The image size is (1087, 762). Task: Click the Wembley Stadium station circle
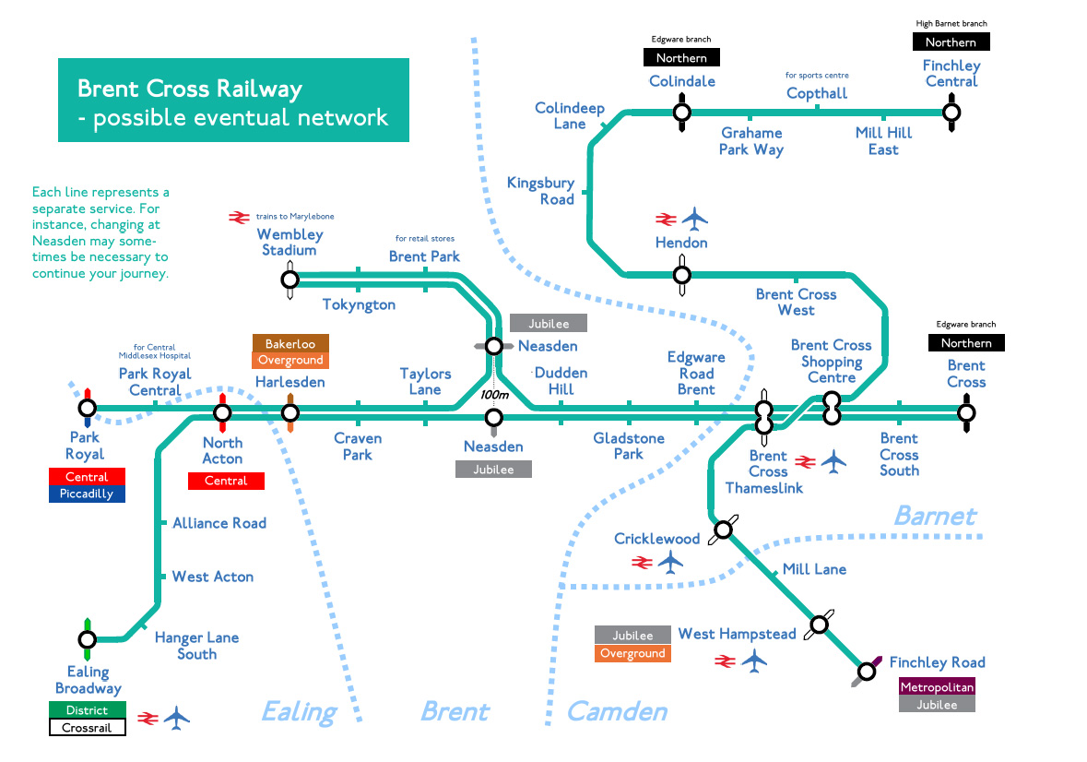[x=289, y=279]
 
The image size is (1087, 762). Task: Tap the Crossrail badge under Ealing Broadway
[x=87, y=728]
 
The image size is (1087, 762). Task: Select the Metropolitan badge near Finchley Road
[x=937, y=687]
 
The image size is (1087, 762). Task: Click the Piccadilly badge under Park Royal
[x=87, y=494]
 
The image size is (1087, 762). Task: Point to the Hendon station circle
[x=681, y=274]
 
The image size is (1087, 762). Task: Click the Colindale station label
[x=681, y=81]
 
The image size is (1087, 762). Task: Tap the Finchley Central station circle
[x=951, y=113]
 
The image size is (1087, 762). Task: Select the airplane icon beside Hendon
[x=694, y=220]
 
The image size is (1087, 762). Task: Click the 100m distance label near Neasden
[x=494, y=395]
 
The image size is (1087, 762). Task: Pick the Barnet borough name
[x=935, y=515]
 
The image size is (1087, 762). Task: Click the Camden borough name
[x=616, y=711]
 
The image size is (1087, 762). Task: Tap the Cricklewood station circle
[x=724, y=529]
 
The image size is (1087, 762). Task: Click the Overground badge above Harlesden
[x=290, y=361]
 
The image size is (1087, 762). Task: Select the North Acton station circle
[x=222, y=412]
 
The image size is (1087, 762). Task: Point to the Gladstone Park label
[x=629, y=446]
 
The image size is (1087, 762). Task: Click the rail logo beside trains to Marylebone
[x=240, y=217]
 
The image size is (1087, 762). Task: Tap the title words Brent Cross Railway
[x=189, y=89]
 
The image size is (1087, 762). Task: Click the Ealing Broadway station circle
[x=87, y=639]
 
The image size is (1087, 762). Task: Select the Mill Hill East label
[x=883, y=141]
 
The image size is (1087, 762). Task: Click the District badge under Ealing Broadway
[x=87, y=710]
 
